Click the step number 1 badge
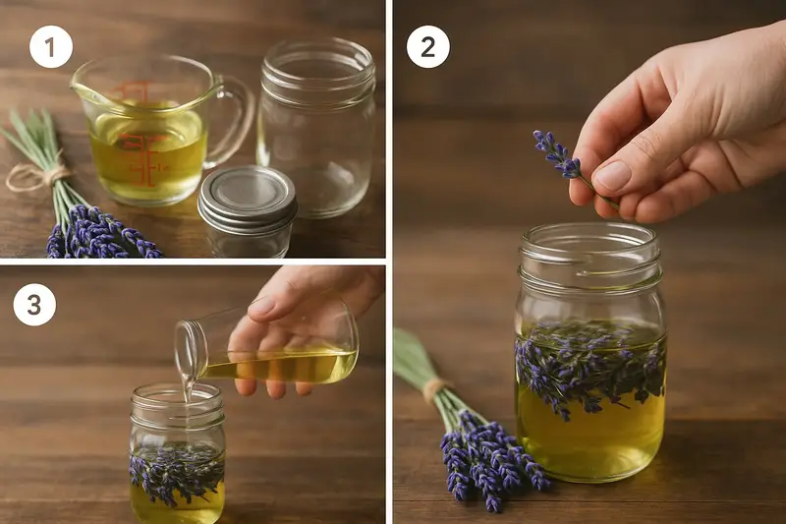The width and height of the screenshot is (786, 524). [51, 46]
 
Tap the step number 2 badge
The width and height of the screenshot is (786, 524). [427, 46]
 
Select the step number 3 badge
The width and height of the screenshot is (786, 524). [34, 304]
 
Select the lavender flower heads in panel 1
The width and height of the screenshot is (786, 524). [100, 232]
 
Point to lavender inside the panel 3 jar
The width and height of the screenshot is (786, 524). [177, 471]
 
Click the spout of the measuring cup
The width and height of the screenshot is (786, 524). [83, 89]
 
